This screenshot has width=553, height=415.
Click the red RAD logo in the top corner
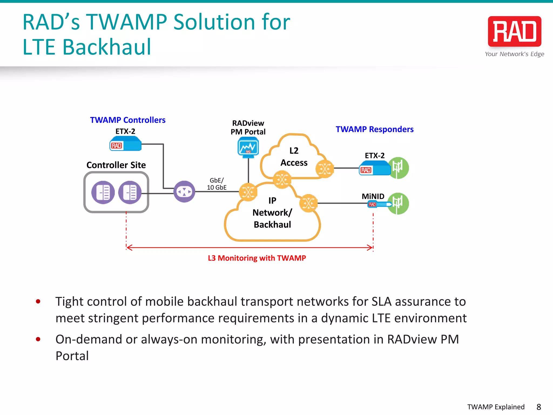coord(514,32)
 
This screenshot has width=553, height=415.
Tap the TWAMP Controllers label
coord(127,120)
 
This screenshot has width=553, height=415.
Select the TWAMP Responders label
coord(374,129)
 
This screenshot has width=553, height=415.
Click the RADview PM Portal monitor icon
coord(248,147)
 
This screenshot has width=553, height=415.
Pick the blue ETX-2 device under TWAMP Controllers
coord(125,144)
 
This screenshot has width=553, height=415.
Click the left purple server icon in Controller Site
coord(103,192)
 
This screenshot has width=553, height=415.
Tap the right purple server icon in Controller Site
coord(130,192)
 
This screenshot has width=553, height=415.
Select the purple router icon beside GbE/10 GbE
coord(184,192)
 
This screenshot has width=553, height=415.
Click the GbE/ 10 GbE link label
coord(217,184)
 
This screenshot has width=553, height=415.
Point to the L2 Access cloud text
coord(294,157)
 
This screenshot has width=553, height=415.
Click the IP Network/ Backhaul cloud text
coord(272,213)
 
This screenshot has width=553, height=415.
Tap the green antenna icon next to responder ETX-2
coord(398,168)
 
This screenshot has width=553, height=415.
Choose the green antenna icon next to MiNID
coord(398,203)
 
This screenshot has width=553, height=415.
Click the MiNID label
coord(373,196)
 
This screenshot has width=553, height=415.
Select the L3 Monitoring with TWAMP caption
coord(257,258)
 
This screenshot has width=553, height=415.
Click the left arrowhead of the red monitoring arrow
coord(129,247)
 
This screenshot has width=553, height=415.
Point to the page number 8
coord(539,407)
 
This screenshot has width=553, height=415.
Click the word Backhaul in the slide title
coord(107,47)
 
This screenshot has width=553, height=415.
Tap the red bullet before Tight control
coord(38,301)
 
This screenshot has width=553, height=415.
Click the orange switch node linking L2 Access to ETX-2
coord(325,169)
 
